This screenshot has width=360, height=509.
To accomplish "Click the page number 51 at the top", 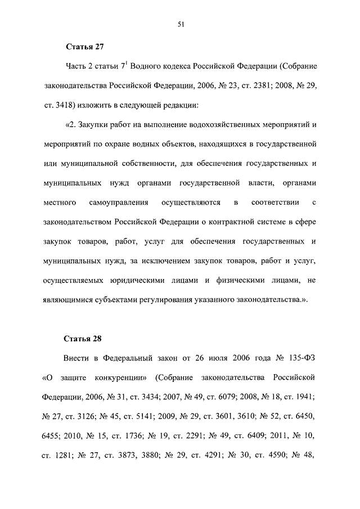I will click(x=180, y=24).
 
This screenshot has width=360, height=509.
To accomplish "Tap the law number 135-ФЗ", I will click(x=300, y=359).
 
